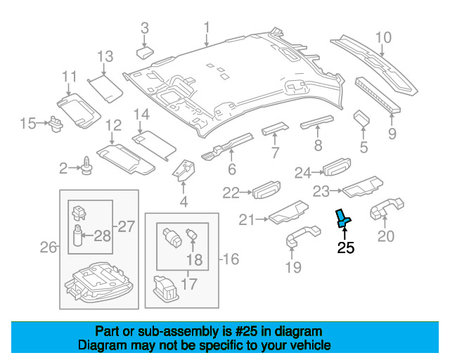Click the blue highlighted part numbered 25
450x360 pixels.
click(x=343, y=218)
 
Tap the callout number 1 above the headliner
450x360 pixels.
click(x=207, y=27)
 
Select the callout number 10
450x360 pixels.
click(x=382, y=37)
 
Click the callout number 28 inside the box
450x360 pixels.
click(x=103, y=236)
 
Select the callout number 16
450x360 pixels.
click(x=230, y=259)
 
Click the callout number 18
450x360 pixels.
click(x=193, y=259)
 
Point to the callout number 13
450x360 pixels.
click(x=105, y=56)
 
